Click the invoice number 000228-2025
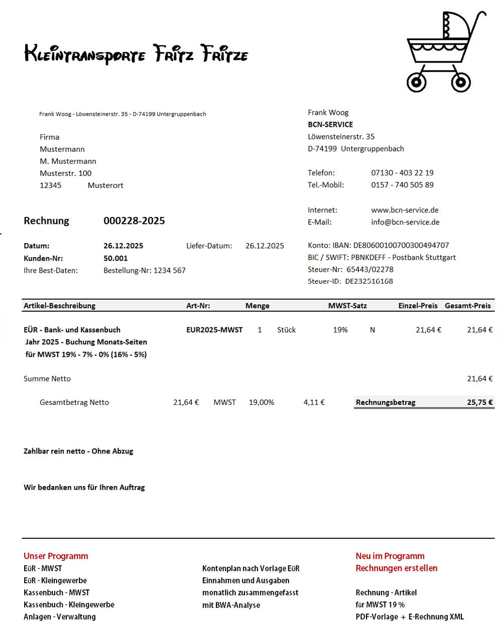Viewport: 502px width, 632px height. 134,221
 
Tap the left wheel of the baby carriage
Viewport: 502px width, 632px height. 416,82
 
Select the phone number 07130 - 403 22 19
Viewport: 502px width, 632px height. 402,173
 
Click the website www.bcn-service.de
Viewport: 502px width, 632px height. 405,210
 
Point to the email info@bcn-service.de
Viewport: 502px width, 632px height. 405,222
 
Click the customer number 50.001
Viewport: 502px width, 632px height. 115,259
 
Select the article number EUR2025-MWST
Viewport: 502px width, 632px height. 214,330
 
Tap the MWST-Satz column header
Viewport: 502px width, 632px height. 347,306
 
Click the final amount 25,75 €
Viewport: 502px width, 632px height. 479,402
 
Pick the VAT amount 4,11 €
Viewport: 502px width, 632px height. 314,402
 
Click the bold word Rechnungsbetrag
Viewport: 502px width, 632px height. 386,402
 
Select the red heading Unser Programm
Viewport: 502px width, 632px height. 56,556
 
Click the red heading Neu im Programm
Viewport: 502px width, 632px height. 390,556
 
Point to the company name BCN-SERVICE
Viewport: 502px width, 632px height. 330,125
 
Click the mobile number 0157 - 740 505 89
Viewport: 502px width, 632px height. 402,185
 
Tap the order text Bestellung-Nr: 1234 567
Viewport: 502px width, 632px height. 145,271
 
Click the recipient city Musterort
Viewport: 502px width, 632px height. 105,185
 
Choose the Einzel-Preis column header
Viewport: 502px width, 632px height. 418,306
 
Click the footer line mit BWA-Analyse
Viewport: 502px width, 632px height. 231,605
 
